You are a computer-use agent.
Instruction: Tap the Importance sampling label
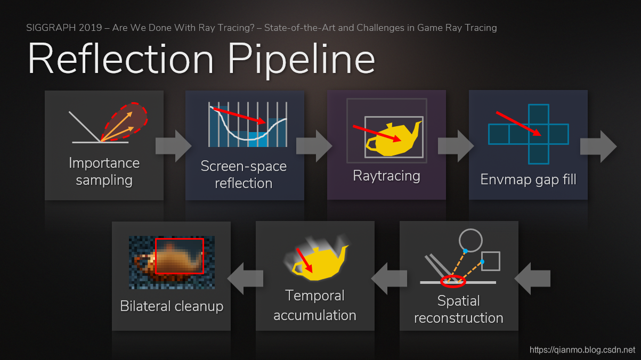(x=104, y=171)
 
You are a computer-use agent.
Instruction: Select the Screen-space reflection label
(x=244, y=175)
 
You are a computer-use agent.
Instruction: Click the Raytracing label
(x=386, y=176)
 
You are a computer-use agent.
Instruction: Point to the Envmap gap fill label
(x=528, y=179)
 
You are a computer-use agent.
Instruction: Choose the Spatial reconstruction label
(x=458, y=309)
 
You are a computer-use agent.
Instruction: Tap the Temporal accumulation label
(x=314, y=305)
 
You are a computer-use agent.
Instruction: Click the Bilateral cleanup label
(x=172, y=306)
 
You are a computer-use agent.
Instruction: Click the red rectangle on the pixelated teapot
(x=179, y=256)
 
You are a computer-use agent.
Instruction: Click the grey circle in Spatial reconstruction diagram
(x=471, y=241)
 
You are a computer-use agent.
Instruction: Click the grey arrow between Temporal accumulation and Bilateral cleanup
(x=245, y=277)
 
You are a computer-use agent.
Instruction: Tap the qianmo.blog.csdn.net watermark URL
(x=582, y=350)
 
